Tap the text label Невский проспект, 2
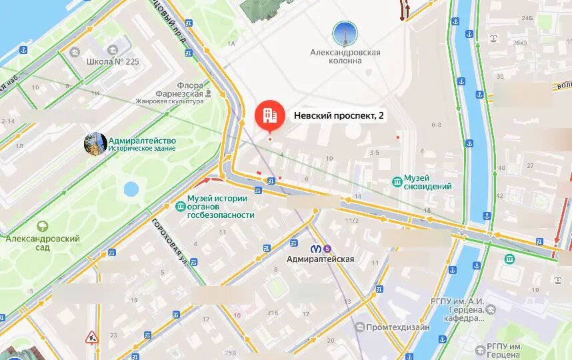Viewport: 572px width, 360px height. pyautogui.click(x=339, y=115)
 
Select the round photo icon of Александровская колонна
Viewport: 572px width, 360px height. pyautogui.click(x=345, y=34)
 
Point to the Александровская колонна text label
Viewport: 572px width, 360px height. pyautogui.click(x=345, y=56)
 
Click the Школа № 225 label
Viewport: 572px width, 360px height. pyautogui.click(x=113, y=61)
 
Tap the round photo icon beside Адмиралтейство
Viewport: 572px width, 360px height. pyautogui.click(x=95, y=143)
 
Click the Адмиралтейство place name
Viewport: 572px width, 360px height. pyautogui.click(x=141, y=141)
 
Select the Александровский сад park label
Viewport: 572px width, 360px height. pyautogui.click(x=43, y=243)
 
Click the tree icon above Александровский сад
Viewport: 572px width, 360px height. pyautogui.click(x=43, y=227)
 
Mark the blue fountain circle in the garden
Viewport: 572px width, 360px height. pyautogui.click(x=131, y=189)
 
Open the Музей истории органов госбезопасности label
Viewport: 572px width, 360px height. pyautogui.click(x=221, y=207)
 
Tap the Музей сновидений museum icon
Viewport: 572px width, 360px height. pyautogui.click(x=397, y=181)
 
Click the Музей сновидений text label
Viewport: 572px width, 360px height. pyautogui.click(x=428, y=181)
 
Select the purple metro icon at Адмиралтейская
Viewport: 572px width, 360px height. pyautogui.click(x=327, y=248)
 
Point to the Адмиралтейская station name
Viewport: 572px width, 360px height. pyautogui.click(x=320, y=259)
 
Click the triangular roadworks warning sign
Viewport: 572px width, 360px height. pyautogui.click(x=91, y=337)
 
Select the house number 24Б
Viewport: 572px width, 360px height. pyautogui.click(x=527, y=18)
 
